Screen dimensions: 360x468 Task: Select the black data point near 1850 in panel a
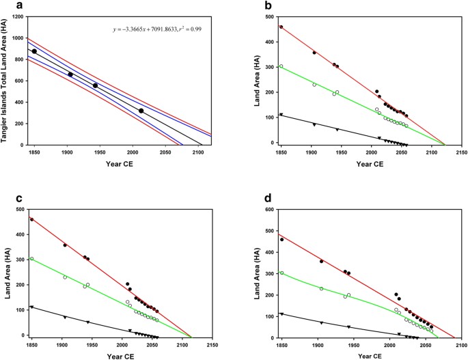click(34, 51)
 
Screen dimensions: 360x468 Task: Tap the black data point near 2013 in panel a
click(141, 111)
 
